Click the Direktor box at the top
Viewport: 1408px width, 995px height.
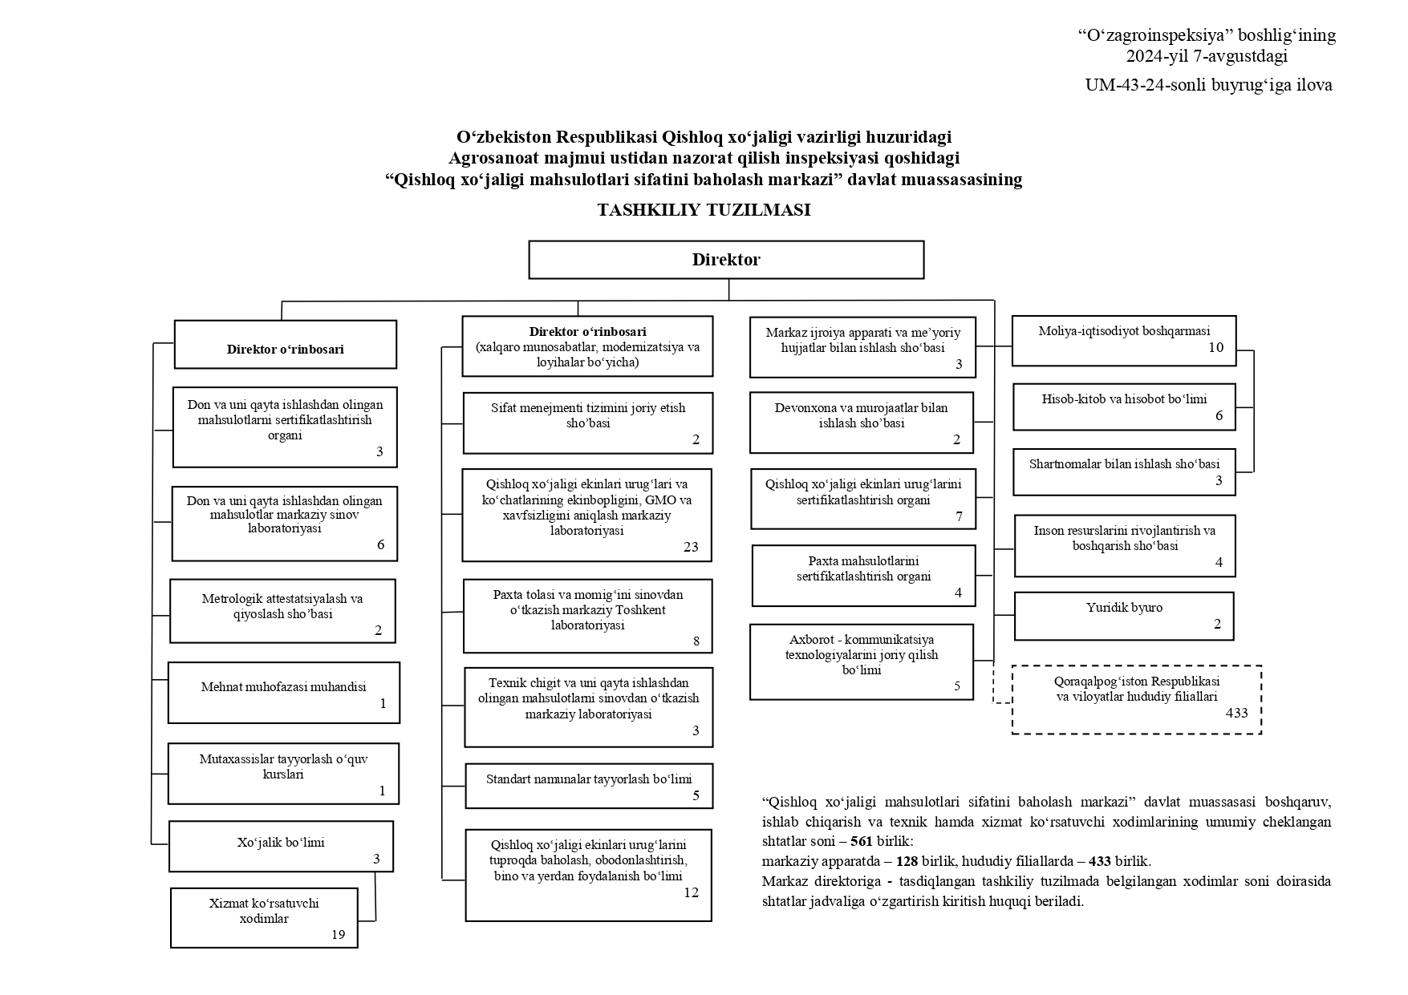click(725, 260)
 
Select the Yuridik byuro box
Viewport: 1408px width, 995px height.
click(1123, 616)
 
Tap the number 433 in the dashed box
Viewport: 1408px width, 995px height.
click(1236, 712)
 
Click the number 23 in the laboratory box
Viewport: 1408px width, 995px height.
click(691, 547)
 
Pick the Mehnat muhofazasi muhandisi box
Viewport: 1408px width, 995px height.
click(283, 692)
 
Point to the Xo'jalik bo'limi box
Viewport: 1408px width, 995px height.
click(281, 845)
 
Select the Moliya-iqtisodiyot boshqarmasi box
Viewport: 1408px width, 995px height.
click(1123, 340)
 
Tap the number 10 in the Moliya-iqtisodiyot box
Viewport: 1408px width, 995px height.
click(1215, 347)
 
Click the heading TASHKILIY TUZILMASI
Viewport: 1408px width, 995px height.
click(704, 210)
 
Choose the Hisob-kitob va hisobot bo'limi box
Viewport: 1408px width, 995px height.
click(1123, 406)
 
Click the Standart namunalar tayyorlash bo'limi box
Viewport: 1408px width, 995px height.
click(588, 785)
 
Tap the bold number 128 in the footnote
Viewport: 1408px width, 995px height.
click(907, 862)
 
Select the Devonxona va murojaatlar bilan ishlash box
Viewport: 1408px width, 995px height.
click(861, 422)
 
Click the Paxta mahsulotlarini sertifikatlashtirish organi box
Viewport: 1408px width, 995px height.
click(863, 575)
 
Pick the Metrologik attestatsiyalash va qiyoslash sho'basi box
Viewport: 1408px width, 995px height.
click(282, 610)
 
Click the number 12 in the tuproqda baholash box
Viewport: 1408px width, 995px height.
click(691, 892)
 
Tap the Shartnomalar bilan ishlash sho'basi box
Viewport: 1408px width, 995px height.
click(1123, 471)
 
